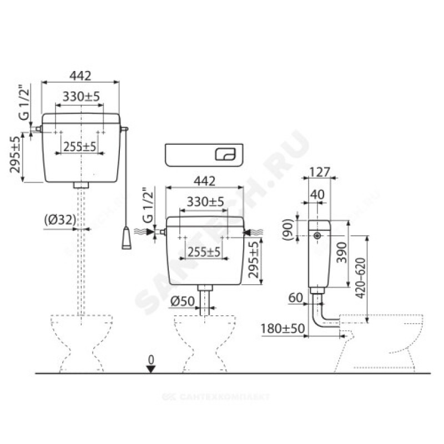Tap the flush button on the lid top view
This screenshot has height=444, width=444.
225,155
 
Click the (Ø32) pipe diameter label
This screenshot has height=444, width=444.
60,220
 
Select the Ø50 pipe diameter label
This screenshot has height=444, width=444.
183,301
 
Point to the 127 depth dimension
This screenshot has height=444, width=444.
320,172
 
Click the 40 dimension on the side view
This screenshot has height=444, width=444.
317,195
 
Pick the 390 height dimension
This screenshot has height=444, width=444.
342,253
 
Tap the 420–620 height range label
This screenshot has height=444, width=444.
360,278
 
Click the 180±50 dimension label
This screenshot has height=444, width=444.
282,329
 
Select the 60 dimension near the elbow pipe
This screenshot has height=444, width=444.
296,297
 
